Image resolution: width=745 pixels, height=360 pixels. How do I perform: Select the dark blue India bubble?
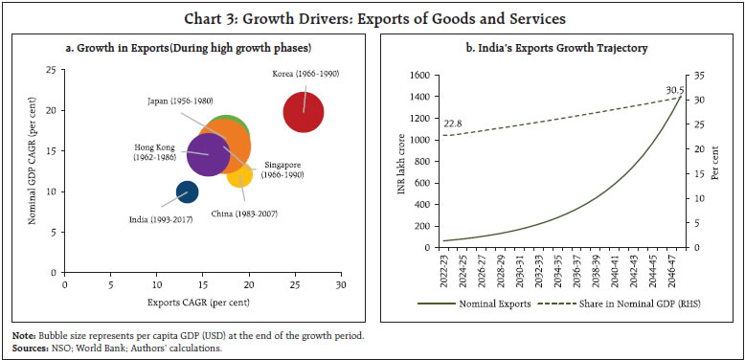[x=188, y=191]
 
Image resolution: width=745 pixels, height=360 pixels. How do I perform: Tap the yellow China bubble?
[x=239, y=173]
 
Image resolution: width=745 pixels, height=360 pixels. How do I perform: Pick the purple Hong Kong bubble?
[x=205, y=153]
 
